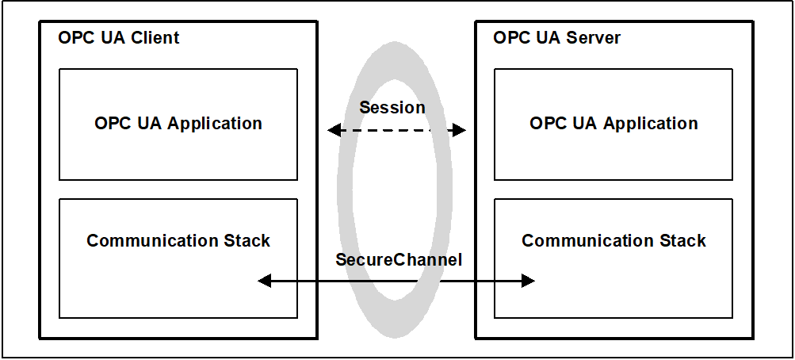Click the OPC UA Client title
(x=119, y=37)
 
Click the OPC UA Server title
(x=556, y=37)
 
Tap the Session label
(x=392, y=108)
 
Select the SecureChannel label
(x=399, y=259)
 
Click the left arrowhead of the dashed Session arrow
(x=334, y=130)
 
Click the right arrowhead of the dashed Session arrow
(x=460, y=130)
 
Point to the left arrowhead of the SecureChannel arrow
(x=265, y=281)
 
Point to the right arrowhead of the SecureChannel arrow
(x=529, y=281)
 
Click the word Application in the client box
(x=215, y=124)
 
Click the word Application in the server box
(x=650, y=124)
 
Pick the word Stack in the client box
(x=247, y=240)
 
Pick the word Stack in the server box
(x=682, y=240)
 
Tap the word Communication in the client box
(x=153, y=240)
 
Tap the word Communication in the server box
(x=588, y=240)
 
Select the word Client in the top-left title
(x=156, y=37)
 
